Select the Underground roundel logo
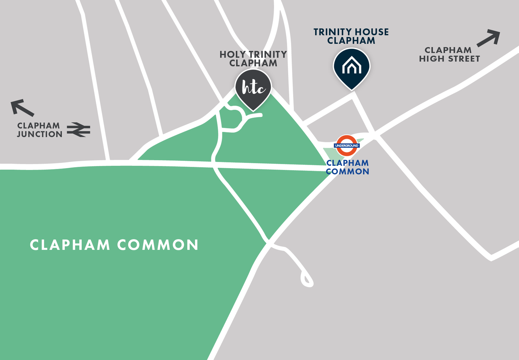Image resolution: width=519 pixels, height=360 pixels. click(347, 145)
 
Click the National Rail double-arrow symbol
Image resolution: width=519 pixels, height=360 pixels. click(79, 129)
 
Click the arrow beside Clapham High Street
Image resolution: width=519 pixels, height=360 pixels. click(489, 38)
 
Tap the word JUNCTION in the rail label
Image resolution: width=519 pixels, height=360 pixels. click(39, 134)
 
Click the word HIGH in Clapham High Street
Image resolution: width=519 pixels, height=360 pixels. click(431, 59)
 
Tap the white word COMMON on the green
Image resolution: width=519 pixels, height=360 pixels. click(158, 245)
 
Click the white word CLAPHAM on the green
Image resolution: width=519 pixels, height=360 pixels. click(70, 245)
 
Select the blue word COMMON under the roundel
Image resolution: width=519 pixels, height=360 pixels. click(347, 172)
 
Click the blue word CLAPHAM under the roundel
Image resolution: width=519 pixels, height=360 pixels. click(347, 163)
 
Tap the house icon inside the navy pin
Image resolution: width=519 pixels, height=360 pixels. click(352, 65)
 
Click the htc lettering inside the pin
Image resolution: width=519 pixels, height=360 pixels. click(253, 88)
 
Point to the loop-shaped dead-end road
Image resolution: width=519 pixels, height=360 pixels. click(307, 279)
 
